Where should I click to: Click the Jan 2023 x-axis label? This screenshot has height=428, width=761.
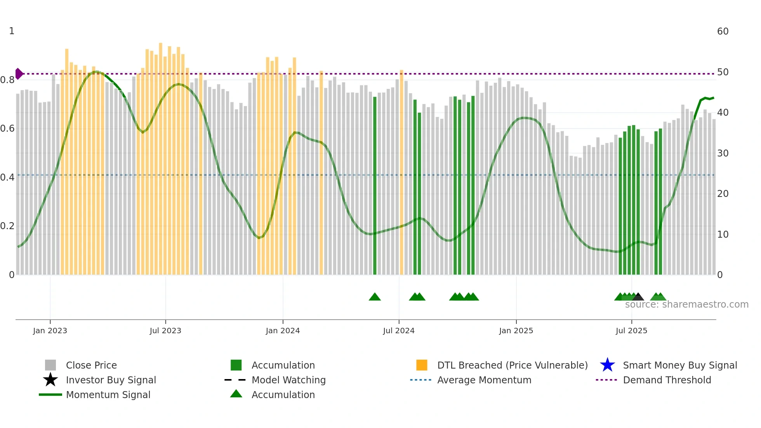(x=50, y=331)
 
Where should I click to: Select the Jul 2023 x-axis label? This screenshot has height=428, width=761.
(x=165, y=331)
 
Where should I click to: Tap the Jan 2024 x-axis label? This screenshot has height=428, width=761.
(x=283, y=331)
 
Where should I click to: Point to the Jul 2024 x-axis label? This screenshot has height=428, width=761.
(x=399, y=331)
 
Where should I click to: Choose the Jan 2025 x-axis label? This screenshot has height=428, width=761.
(x=516, y=331)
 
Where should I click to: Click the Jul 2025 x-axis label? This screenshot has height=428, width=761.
(x=631, y=331)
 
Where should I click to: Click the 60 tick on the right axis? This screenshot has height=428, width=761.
(x=723, y=31)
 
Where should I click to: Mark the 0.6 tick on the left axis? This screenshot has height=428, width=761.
(x=8, y=129)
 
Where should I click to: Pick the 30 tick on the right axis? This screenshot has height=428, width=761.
(x=723, y=153)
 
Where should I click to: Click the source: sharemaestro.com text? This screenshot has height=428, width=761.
(x=686, y=304)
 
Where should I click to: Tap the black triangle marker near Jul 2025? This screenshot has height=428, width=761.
(x=638, y=297)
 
